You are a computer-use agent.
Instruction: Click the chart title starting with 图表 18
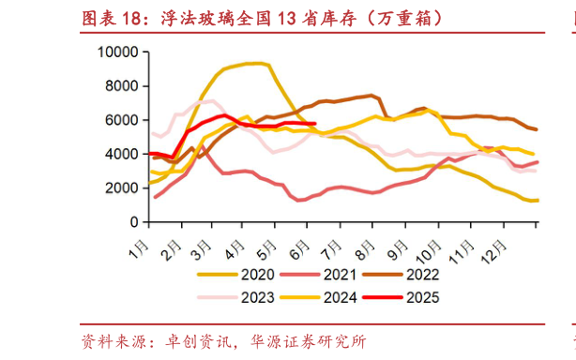pos(264,18)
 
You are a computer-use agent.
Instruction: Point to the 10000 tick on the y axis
pos(117,52)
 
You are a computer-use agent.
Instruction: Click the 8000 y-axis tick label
pos(121,86)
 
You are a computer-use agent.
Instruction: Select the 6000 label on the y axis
pos(121,120)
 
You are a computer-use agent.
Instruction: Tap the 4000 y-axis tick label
pos(121,154)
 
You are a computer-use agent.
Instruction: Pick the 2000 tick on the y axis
pos(121,188)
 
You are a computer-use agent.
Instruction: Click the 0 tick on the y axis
pos(135,222)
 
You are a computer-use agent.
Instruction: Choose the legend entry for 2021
pos(347,275)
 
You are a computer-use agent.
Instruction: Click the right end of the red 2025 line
pos(315,124)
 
